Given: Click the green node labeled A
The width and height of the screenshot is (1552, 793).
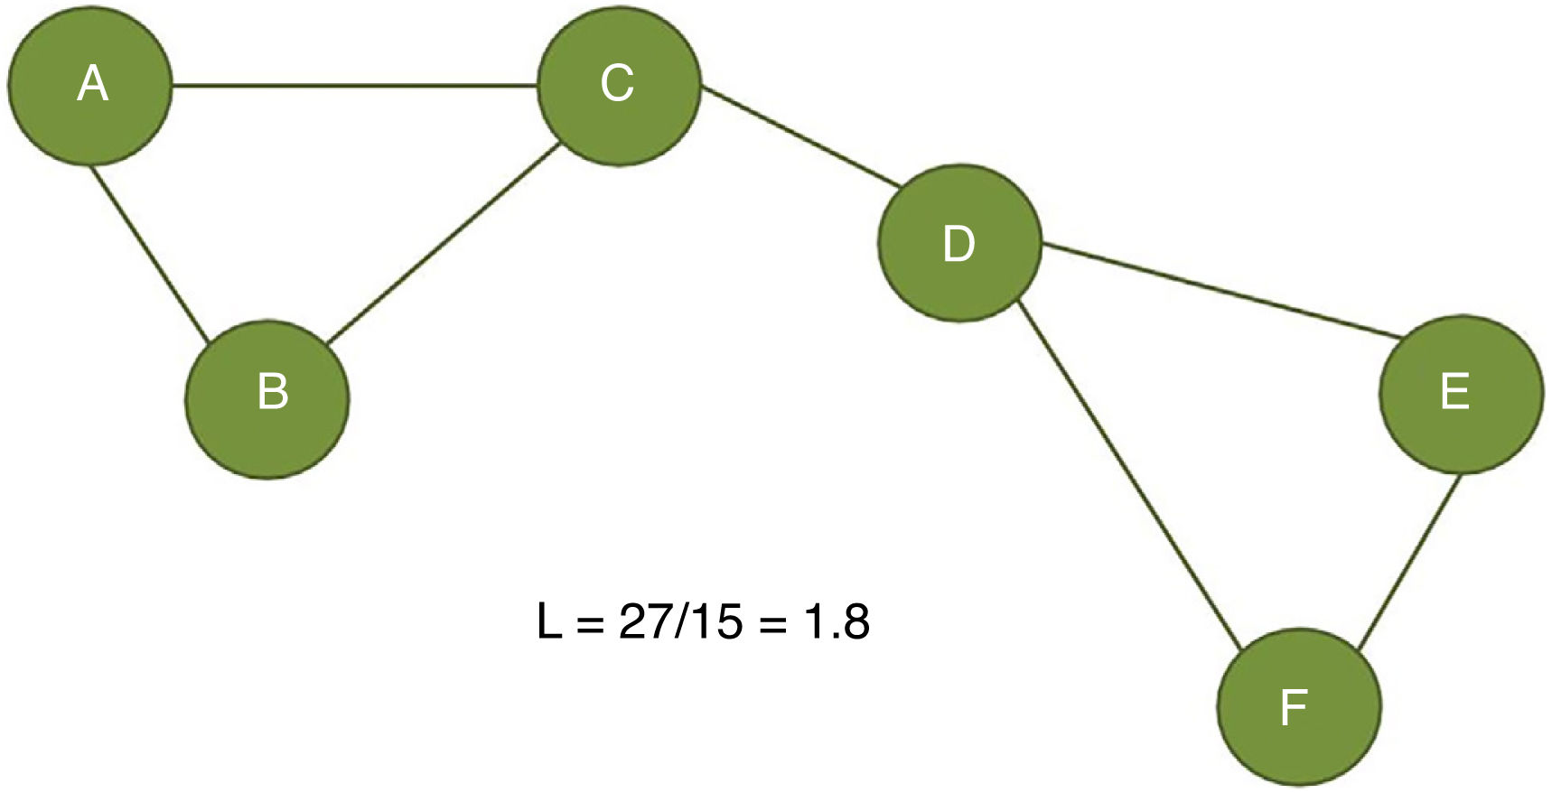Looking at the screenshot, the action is (x=89, y=86).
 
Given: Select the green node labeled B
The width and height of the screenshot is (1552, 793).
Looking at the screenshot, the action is (x=267, y=398).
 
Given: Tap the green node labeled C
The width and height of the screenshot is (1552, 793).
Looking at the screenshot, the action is (x=619, y=86).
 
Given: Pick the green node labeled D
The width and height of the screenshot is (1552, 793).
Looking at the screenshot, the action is (x=959, y=242).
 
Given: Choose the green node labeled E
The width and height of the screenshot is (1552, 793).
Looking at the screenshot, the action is (x=1461, y=394).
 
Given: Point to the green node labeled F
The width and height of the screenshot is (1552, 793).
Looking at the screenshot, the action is (x=1299, y=705).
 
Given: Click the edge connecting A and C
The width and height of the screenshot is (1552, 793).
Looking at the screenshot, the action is (x=354, y=87).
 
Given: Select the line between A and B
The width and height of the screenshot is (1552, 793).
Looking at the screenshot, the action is (x=150, y=253).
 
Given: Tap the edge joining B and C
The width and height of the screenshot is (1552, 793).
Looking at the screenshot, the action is (x=443, y=244).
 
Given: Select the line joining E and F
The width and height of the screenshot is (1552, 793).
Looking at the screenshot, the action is (x=1409, y=560).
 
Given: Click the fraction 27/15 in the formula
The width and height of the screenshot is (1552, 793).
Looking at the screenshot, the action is (x=680, y=621).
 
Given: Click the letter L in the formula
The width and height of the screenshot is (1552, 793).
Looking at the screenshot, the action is (x=548, y=621).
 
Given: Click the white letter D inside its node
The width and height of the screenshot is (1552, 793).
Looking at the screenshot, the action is (x=959, y=244).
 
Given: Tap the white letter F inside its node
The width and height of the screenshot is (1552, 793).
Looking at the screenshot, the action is (x=1295, y=707).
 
